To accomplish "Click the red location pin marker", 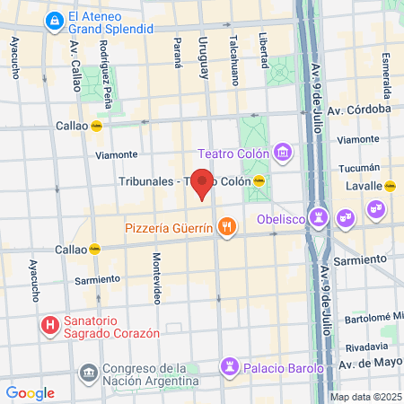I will pyautogui.click(x=203, y=183).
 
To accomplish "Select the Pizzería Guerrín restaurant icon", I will pyautogui.click(x=226, y=227).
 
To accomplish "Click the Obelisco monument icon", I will pyautogui.click(x=319, y=216).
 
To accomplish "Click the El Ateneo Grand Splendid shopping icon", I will pyautogui.click(x=55, y=18).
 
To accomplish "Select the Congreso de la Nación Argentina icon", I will pyautogui.click(x=88, y=372).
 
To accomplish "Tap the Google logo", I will pyautogui.click(x=30, y=392).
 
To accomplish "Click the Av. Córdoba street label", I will pyautogui.click(x=364, y=108).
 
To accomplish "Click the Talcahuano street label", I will pyautogui.click(x=234, y=59).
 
